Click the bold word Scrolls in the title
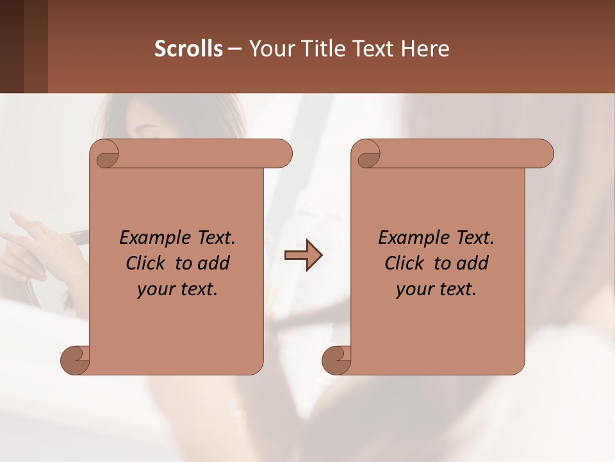pos(188,49)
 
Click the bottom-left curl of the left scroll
pos(75,359)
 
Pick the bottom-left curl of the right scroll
pos(336,359)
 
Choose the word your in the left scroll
pos(154,289)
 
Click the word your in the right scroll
pos(413,289)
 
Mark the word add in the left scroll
pos(215,263)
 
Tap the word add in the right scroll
pos(473,263)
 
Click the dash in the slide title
pos(235,49)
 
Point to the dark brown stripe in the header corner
pos(12,46)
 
